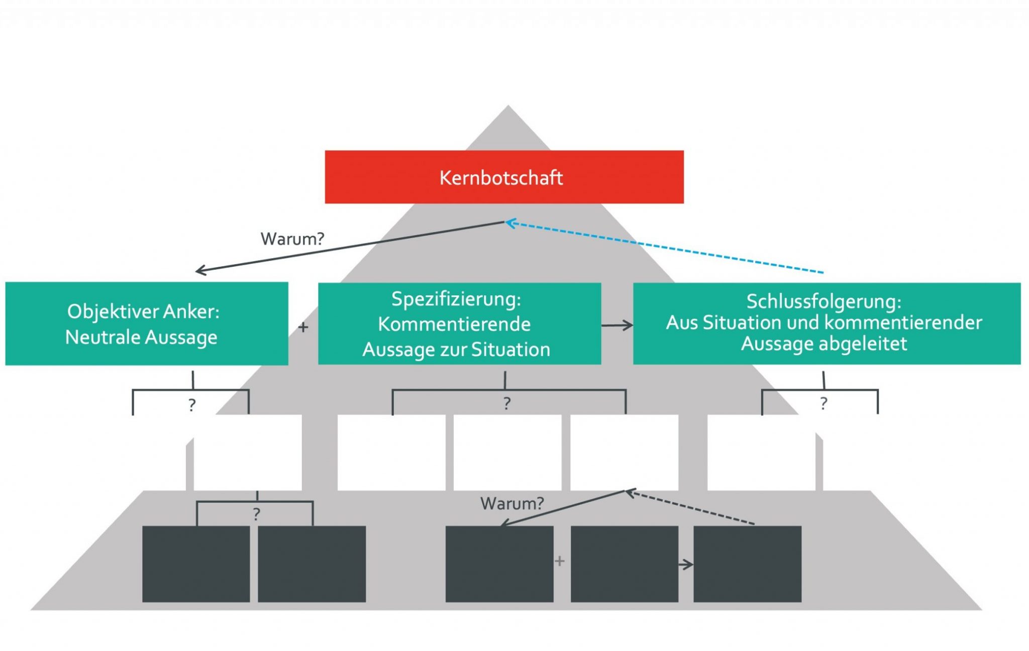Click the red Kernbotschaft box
(504, 177)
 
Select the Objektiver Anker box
(146, 323)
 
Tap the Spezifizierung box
(459, 323)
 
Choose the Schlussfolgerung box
(827, 323)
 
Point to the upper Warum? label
(292, 239)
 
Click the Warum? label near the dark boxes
(512, 503)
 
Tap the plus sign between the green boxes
(303, 328)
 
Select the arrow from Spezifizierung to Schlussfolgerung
(617, 325)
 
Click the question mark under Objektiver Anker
(192, 405)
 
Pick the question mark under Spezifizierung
(507, 403)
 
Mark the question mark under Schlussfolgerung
(824, 403)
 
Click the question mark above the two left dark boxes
(256, 514)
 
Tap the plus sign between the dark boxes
(560, 561)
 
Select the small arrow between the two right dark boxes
(686, 565)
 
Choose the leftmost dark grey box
(196, 564)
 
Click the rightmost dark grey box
(747, 564)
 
